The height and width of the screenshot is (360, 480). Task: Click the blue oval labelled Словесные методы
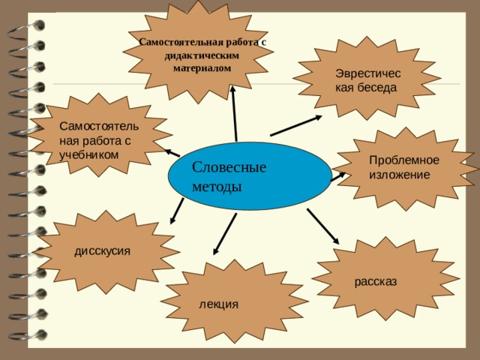[x=250, y=176]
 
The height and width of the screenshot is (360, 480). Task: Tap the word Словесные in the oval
[x=229, y=167]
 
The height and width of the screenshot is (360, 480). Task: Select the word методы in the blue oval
[x=217, y=186]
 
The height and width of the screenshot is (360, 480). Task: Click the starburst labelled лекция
[x=234, y=301]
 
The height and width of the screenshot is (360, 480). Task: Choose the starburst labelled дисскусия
[x=106, y=252]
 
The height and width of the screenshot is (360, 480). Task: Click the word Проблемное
[x=404, y=160]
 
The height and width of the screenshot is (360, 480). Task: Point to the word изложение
[x=399, y=175]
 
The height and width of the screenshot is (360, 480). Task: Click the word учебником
[x=88, y=154]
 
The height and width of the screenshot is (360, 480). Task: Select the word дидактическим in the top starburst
[x=202, y=55]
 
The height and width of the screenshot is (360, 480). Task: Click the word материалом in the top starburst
[x=202, y=67]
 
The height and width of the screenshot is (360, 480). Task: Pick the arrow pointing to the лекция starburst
[x=225, y=234]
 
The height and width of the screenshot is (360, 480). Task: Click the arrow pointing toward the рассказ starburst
[x=323, y=226]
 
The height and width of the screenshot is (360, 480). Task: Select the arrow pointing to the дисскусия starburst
[x=177, y=211]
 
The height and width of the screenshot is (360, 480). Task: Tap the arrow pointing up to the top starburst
[x=235, y=113]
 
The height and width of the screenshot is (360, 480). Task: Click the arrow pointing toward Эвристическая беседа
[x=296, y=125]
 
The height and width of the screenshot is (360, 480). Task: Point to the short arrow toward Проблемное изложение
[x=338, y=177]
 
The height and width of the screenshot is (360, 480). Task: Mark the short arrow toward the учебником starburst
[x=172, y=152]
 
